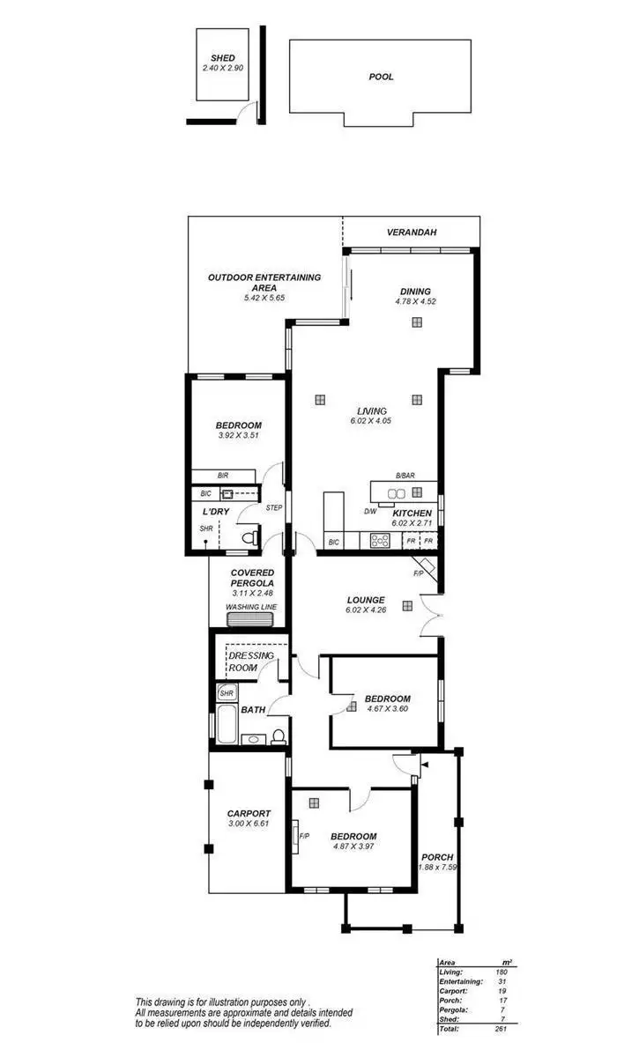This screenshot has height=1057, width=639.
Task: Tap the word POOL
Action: pyautogui.click(x=381, y=77)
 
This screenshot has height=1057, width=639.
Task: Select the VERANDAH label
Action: pyautogui.click(x=412, y=233)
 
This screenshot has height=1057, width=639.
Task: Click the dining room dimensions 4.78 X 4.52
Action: pyautogui.click(x=415, y=301)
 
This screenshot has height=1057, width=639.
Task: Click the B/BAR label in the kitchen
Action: pyautogui.click(x=405, y=476)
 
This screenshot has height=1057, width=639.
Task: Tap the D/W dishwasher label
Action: pyautogui.click(x=371, y=512)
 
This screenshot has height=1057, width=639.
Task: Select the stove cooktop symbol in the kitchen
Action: pyautogui.click(x=381, y=541)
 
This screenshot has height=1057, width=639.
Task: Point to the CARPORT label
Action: pyautogui.click(x=249, y=813)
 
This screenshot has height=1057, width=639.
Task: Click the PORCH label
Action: pyautogui.click(x=436, y=856)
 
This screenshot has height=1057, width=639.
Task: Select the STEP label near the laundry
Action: pyautogui.click(x=273, y=507)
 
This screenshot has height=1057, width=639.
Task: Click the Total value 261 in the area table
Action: pyautogui.click(x=501, y=1028)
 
